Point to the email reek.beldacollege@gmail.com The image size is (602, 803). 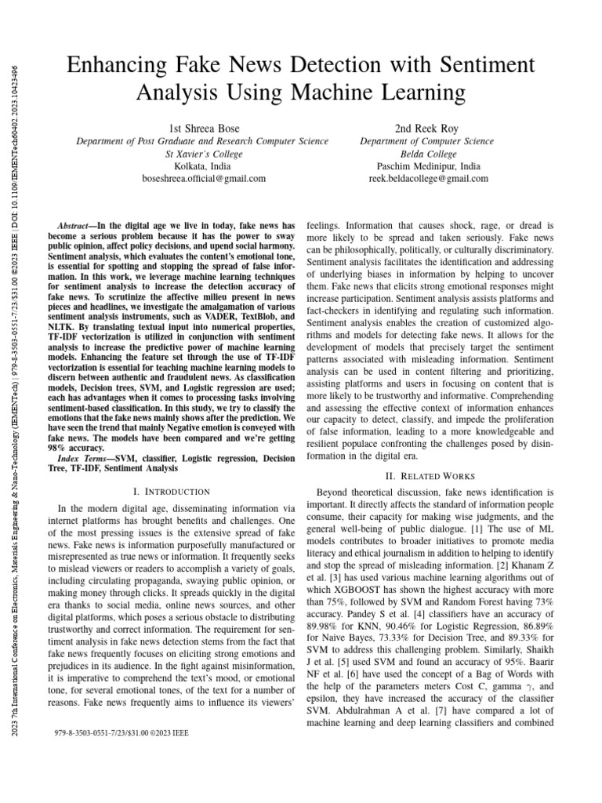(x=428, y=179)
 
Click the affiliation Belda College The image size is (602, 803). (x=428, y=154)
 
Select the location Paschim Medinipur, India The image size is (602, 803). (x=428, y=166)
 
